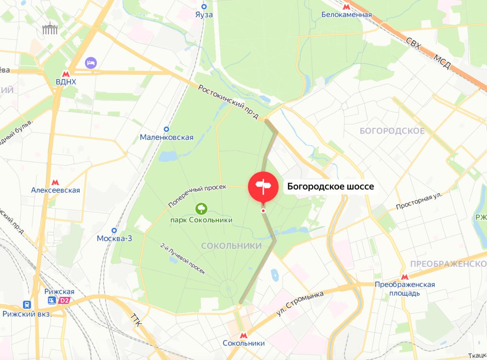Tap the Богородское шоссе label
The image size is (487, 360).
pyautogui.click(x=330, y=187)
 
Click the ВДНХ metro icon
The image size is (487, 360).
pyautogui.click(x=66, y=74)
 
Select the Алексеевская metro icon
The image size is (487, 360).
pyautogui.click(x=56, y=183)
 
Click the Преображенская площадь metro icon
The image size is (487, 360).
pyautogui.click(x=404, y=277)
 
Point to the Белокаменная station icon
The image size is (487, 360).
pyautogui.click(x=347, y=6)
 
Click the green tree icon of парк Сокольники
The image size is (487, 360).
pyautogui.click(x=201, y=209)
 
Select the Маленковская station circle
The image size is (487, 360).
pyautogui.click(x=166, y=129)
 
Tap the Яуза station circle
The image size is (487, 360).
pyautogui.click(x=204, y=6)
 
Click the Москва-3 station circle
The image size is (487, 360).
pyautogui.click(x=114, y=230)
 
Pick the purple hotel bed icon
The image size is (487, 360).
pyautogui.click(x=91, y=63)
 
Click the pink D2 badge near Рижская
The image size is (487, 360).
pyautogui.click(x=64, y=300)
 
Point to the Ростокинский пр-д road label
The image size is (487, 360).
pyautogui.click(x=228, y=102)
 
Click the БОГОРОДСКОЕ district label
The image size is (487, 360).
pyautogui.click(x=392, y=131)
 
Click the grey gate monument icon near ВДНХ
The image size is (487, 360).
pyautogui.click(x=50, y=29)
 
